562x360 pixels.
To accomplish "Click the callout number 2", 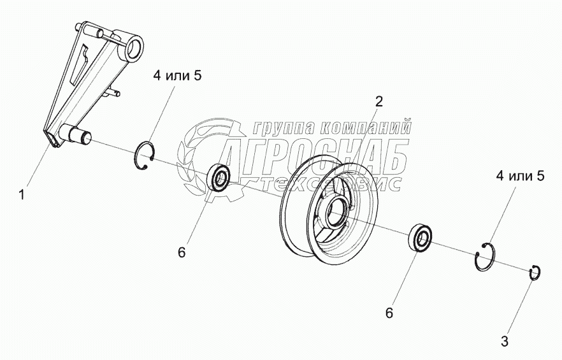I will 378,101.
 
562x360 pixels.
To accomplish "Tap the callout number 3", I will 505,341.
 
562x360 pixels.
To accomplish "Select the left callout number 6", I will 182,252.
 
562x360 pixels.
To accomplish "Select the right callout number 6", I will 389,313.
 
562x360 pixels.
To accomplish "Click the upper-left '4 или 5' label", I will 177,76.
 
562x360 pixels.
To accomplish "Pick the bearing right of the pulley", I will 421,237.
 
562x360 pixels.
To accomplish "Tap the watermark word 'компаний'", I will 369,127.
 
